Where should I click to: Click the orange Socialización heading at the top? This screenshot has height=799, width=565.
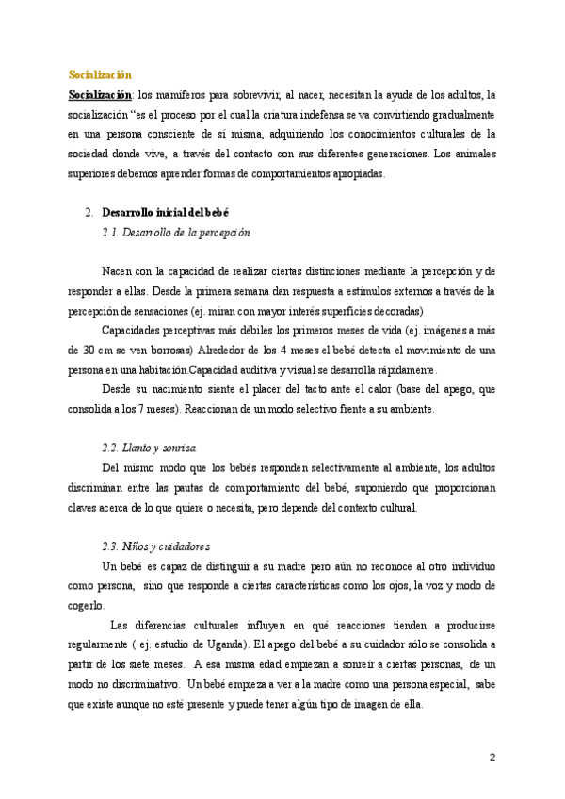[100, 74]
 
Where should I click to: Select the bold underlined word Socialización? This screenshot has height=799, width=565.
[100, 94]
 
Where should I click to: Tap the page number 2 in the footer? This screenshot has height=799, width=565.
[492, 758]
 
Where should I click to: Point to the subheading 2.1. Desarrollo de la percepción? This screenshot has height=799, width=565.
[176, 232]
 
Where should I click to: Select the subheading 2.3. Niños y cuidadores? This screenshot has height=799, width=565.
[155, 546]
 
